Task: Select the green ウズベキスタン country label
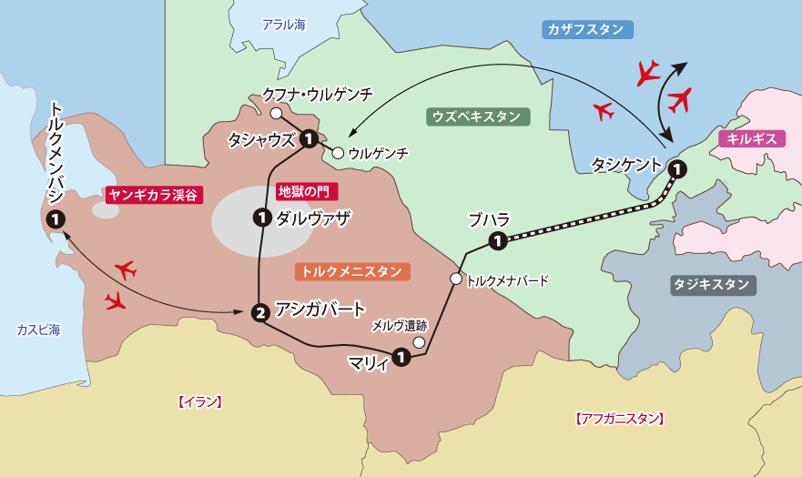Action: point(477,117)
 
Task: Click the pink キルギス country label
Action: point(752,138)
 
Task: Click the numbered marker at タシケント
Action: point(678,168)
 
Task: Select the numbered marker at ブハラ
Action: point(498,241)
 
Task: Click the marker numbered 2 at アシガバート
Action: point(260,312)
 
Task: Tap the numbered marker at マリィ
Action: point(401,358)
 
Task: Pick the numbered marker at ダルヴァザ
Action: point(262,217)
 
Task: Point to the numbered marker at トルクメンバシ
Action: point(56,218)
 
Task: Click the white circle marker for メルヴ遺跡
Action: point(419,342)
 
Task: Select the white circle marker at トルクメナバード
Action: point(455,279)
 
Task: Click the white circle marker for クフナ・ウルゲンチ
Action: point(275,113)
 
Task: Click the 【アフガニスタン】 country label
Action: point(620,419)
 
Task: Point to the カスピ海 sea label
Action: point(37,330)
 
